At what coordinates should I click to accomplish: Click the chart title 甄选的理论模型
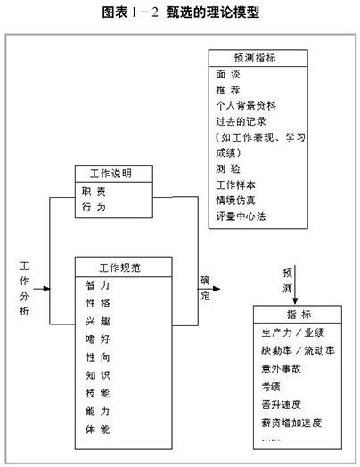(213, 12)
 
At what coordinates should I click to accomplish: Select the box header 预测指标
(255, 58)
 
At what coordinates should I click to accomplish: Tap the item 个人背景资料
(246, 105)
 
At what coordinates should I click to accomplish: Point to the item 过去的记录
(241, 121)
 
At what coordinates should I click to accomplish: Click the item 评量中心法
(241, 217)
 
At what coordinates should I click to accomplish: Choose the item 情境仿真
(235, 201)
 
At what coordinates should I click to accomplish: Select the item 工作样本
(235, 185)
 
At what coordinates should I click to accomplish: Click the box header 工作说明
(110, 173)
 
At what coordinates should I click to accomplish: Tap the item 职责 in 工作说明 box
(94, 192)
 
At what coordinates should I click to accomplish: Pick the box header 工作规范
(119, 267)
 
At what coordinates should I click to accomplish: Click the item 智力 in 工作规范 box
(98, 285)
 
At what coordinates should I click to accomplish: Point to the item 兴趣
(98, 321)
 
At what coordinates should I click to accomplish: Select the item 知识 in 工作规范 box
(98, 375)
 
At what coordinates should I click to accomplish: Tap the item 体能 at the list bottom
(98, 430)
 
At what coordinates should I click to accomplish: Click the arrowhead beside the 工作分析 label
(46, 289)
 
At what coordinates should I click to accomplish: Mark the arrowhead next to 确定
(217, 289)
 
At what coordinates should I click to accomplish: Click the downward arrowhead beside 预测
(295, 301)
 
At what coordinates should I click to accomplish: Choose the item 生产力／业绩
(293, 332)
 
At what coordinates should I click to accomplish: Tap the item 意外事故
(281, 369)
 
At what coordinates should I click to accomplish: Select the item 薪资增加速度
(291, 422)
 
